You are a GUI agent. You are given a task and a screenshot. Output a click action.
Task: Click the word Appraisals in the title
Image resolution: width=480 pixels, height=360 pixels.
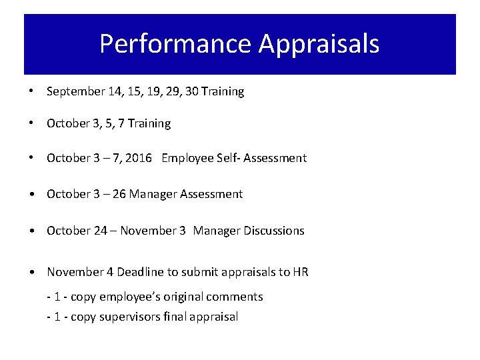(319, 44)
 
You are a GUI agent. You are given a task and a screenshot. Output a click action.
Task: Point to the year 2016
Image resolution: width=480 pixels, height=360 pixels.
(139, 159)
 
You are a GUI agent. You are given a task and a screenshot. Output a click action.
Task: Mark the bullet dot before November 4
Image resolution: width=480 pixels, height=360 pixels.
(32, 272)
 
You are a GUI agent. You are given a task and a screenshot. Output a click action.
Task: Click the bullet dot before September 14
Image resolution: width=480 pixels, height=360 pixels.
(32, 92)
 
